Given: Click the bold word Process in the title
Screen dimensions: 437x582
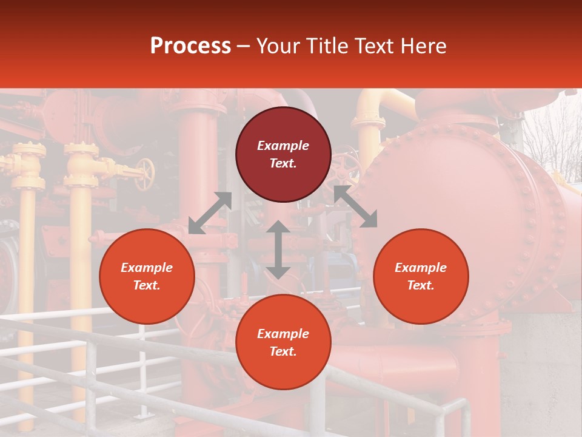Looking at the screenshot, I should click(190, 46).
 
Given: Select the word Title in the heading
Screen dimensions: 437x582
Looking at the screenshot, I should click(326, 46).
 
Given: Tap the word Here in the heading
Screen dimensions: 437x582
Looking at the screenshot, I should click(424, 46).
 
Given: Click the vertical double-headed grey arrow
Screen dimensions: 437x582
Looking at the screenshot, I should click(278, 249).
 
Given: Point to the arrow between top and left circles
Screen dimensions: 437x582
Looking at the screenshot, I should click(210, 212).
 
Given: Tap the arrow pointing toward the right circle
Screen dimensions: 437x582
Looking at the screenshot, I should click(356, 207).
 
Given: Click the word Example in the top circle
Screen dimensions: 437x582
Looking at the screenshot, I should click(283, 146).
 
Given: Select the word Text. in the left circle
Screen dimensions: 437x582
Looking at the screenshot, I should click(147, 285).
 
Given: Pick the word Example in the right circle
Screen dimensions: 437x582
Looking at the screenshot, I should click(421, 268).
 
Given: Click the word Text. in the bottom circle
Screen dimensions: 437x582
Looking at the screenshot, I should click(283, 351).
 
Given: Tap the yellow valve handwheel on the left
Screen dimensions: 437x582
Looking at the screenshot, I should click(145, 174).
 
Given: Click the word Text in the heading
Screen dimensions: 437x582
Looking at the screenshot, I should click(375, 46).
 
